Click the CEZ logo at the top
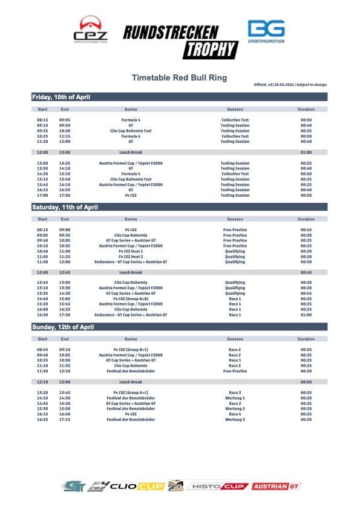click(x=90, y=30)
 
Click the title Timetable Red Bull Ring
click(x=180, y=77)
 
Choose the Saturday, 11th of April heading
click(x=64, y=207)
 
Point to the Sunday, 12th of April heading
click(x=62, y=327)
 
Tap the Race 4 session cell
click(x=235, y=414)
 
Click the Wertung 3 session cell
click(x=235, y=419)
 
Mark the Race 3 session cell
click(x=235, y=393)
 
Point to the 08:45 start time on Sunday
click(x=42, y=350)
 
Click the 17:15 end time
click(x=65, y=419)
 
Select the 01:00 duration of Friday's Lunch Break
click(x=306, y=153)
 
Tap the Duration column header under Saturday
click(x=306, y=219)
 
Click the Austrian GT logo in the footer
click(x=276, y=486)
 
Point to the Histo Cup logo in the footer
click(x=218, y=486)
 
